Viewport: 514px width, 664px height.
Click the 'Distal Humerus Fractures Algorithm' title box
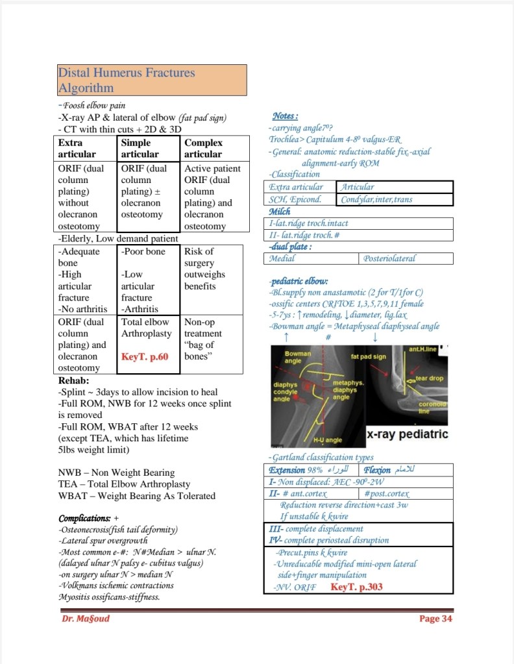[152, 80]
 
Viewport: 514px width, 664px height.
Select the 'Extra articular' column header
[84, 148]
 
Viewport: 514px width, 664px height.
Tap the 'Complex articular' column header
[215, 148]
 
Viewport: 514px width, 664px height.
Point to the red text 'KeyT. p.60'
[145, 357]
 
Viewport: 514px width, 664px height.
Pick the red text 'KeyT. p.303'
[356, 587]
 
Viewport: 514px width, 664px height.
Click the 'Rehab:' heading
[74, 380]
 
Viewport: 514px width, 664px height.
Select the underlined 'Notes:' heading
[286, 116]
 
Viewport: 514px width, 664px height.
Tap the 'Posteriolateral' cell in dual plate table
[406, 258]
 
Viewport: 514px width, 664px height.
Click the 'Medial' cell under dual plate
[312, 258]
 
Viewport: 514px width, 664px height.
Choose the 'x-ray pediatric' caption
[408, 434]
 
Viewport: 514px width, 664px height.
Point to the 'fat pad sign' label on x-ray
[369, 356]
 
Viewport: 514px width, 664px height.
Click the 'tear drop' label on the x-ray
[430, 378]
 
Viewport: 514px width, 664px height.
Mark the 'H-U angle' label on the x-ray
[328, 440]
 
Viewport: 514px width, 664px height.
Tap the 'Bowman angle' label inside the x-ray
[298, 357]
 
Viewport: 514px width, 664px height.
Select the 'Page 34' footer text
[435, 619]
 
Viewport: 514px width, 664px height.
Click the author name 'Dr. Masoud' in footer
[86, 619]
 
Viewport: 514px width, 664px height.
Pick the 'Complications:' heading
[84, 519]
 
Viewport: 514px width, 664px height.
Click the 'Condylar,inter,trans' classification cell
[395, 199]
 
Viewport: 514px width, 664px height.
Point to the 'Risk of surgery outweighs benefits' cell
[212, 280]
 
